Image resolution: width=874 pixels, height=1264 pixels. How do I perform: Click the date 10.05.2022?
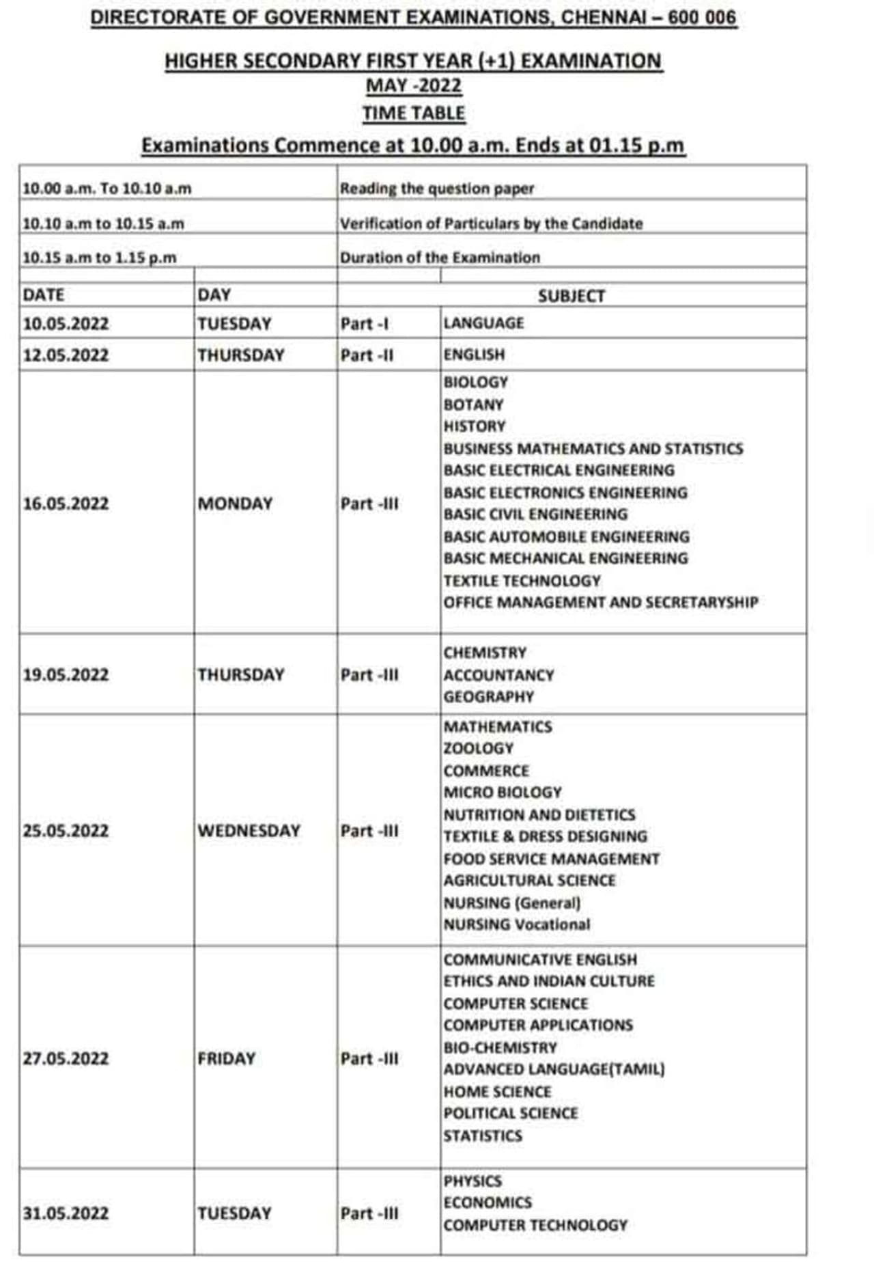66,323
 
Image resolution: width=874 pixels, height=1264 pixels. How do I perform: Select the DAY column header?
214,294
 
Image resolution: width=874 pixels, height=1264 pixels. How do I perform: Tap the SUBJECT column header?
571,296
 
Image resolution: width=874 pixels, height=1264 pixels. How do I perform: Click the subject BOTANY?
473,404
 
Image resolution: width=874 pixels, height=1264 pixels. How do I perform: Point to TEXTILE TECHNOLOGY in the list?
522,581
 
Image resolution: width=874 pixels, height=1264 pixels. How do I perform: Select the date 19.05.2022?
66,674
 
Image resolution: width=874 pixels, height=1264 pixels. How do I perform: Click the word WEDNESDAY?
249,831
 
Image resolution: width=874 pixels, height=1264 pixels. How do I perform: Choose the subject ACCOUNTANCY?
498,675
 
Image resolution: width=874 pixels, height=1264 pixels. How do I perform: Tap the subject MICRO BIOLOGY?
503,793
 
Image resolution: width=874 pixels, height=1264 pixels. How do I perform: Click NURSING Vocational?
517,924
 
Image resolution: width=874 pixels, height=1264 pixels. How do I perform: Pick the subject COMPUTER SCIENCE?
516,1004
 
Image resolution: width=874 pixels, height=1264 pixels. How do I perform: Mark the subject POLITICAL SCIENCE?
511,1113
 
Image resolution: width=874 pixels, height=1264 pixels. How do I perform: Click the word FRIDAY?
226,1058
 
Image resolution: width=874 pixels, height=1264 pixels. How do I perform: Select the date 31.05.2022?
66,1213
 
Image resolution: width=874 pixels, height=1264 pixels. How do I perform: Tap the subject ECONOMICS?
488,1203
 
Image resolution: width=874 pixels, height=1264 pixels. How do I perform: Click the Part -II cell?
367,355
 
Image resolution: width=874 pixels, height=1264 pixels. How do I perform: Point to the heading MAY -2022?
414,86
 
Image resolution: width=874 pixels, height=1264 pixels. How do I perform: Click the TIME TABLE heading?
414,113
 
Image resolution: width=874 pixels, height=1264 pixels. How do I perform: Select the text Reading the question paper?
437,189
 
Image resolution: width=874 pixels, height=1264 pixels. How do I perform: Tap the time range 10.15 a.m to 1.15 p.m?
100,258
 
